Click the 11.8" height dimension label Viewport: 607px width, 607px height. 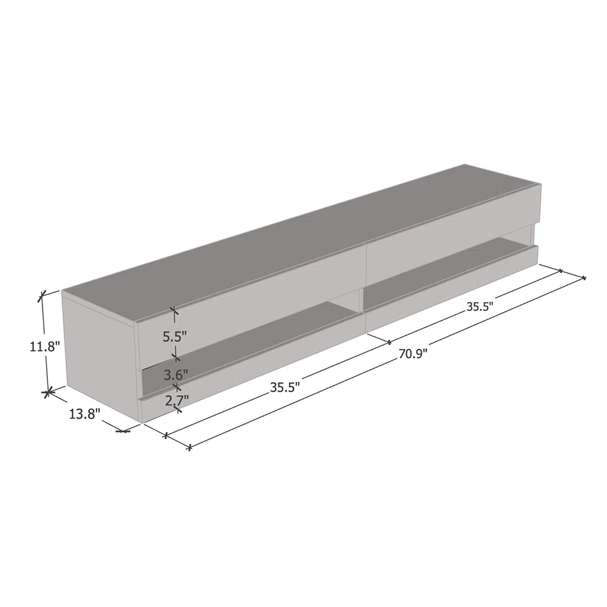[45, 347]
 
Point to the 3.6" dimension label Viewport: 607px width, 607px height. [176, 375]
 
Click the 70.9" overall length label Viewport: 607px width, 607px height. [413, 354]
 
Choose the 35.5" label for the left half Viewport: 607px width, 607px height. [286, 387]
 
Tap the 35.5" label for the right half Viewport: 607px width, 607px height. [479, 307]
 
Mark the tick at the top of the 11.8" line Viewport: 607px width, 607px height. [42, 296]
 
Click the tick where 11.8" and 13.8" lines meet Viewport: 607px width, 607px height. [47, 393]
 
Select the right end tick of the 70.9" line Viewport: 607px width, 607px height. [584, 278]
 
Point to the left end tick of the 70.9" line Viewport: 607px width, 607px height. [189, 447]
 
